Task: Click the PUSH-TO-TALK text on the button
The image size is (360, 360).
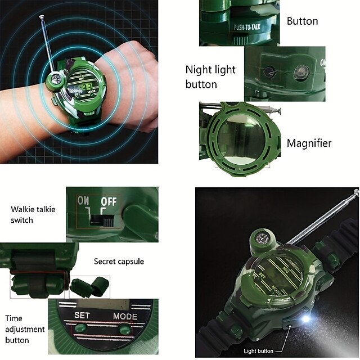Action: click(x=247, y=28)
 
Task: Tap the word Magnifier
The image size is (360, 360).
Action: click(x=309, y=143)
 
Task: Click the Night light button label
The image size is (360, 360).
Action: click(x=210, y=77)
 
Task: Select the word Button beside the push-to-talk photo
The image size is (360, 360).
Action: click(x=303, y=21)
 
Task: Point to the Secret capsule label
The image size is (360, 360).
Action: click(x=119, y=262)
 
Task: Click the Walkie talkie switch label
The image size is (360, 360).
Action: click(x=33, y=215)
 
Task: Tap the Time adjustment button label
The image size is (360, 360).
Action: click(x=25, y=329)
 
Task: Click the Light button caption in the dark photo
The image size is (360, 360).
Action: click(x=258, y=351)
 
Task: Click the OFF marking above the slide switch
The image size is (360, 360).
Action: click(x=109, y=201)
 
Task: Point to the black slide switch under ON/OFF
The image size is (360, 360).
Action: click(x=102, y=221)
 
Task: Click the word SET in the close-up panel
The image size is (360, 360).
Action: click(x=82, y=315)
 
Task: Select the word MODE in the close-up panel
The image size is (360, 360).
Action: click(x=125, y=317)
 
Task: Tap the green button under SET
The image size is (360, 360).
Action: click(x=80, y=327)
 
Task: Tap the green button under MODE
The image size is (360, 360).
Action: click(x=125, y=330)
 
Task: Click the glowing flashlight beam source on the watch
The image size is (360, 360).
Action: click(x=305, y=319)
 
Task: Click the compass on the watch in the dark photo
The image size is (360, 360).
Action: click(x=261, y=238)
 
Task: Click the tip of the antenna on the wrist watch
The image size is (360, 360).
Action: click(x=42, y=16)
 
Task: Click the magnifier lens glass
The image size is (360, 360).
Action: click(x=241, y=137)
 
